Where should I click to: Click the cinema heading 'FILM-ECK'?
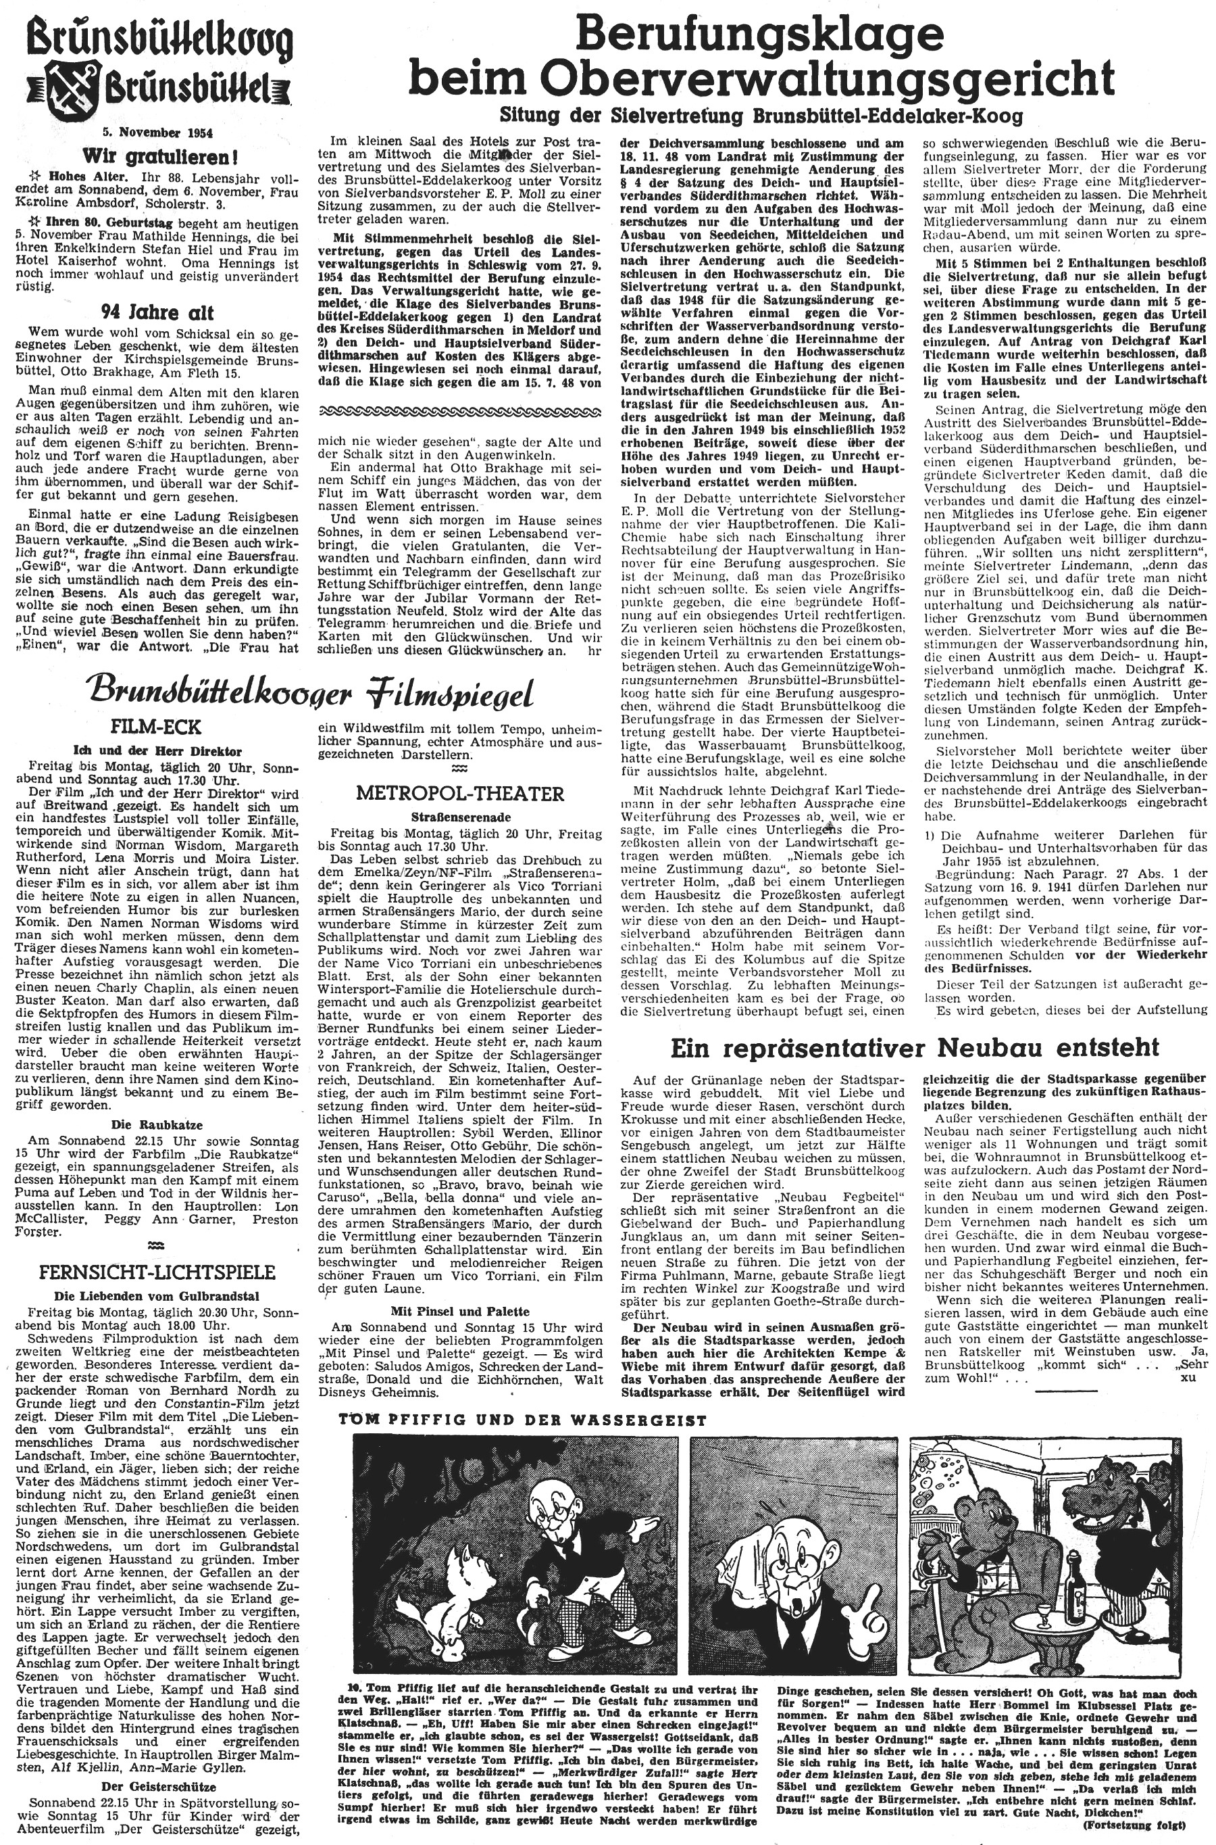tap(156, 727)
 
